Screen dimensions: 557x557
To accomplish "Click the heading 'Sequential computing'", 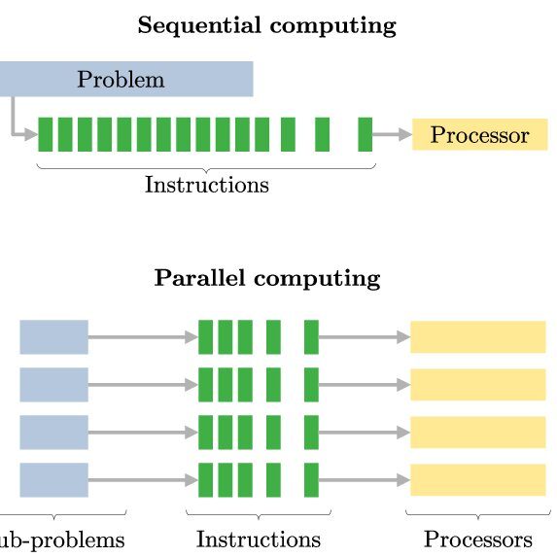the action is [x=266, y=26].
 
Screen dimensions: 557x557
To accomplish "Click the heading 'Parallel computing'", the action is [x=267, y=278].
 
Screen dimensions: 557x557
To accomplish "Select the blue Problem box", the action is [x=126, y=79].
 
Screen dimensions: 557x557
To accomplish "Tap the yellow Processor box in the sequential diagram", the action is [x=479, y=134].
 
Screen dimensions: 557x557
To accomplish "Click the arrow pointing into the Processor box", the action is [x=392, y=134].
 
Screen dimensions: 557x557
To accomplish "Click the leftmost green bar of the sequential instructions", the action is [x=45, y=134].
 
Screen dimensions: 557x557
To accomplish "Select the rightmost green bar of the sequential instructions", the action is [x=366, y=134].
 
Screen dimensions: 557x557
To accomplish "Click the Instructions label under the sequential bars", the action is [x=207, y=185].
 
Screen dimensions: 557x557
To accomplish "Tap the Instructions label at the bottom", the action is [x=259, y=540].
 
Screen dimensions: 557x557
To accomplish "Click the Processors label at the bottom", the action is [x=478, y=540].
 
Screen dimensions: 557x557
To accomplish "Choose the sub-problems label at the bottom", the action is [x=62, y=540].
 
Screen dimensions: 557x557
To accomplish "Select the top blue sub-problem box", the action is [x=54, y=337].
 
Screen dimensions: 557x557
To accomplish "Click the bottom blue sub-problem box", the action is [x=54, y=480].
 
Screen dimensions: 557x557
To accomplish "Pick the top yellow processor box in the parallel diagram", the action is [x=478, y=337].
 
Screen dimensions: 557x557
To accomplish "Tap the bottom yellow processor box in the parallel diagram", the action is [x=478, y=480].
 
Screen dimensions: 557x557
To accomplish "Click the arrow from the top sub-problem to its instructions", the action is [x=143, y=337].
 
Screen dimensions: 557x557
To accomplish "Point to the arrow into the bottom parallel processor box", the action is [x=365, y=480].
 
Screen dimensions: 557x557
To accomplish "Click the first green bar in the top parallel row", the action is [x=205, y=337].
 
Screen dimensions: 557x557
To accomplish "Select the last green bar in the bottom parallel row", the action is [x=311, y=480].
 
